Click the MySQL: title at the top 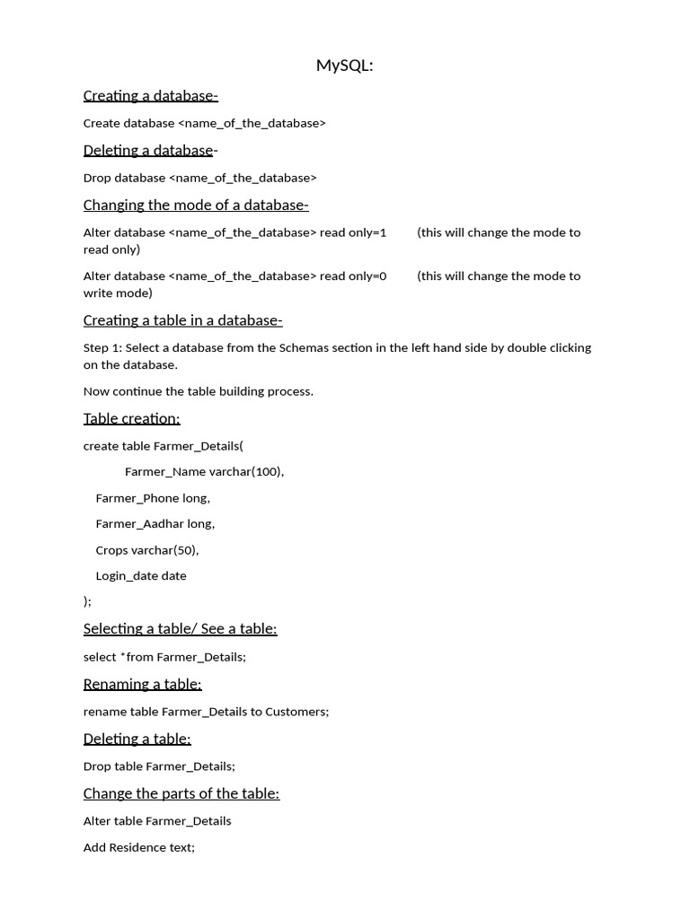click(344, 66)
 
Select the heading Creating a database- click(150, 96)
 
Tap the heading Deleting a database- click(150, 150)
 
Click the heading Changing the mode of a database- click(196, 205)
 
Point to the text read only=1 click(353, 232)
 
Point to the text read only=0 click(353, 276)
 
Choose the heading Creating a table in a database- click(182, 320)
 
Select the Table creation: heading click(131, 418)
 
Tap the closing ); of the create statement click(87, 601)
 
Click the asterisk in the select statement click(123, 656)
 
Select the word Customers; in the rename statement click(296, 712)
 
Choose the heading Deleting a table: click(137, 739)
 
